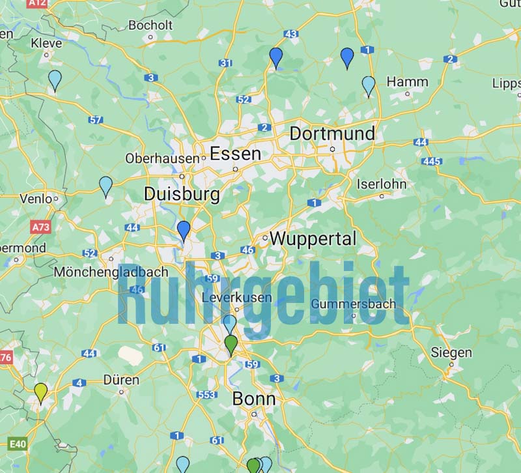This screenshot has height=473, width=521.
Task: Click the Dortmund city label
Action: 332,134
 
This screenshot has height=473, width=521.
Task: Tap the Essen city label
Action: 235,154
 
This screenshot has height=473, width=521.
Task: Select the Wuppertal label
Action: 313,238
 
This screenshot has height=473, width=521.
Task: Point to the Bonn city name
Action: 254,399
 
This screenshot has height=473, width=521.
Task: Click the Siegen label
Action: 451,352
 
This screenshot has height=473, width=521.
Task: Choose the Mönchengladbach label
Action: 111,272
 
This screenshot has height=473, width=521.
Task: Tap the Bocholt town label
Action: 150,25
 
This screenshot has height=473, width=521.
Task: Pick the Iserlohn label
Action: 382,184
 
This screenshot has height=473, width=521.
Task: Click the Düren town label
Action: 121,379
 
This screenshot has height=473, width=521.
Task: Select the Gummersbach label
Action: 354,304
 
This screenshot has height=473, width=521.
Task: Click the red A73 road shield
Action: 40,227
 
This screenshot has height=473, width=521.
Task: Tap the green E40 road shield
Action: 18,444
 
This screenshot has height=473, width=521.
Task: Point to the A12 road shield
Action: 38,3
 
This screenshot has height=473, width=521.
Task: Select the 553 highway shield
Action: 206,394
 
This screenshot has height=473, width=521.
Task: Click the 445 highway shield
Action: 432,161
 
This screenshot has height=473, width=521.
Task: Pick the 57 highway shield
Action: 96,120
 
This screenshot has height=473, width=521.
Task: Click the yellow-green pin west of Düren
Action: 41,392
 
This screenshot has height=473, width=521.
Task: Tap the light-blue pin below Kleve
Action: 55,79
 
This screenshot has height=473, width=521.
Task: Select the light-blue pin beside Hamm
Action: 369,85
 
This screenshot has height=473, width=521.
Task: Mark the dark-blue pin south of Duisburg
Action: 184,229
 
